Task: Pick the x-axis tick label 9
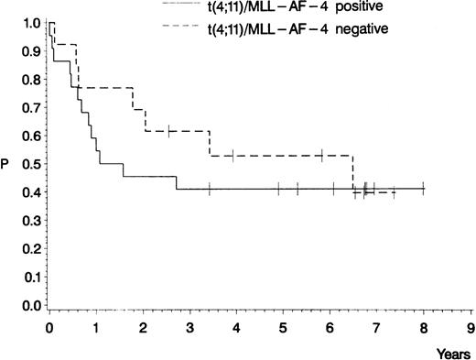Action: [471, 325]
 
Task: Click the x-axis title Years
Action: [456, 348]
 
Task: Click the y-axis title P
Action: [8, 165]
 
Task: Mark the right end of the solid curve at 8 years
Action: [424, 189]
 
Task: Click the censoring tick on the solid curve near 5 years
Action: [278, 189]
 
